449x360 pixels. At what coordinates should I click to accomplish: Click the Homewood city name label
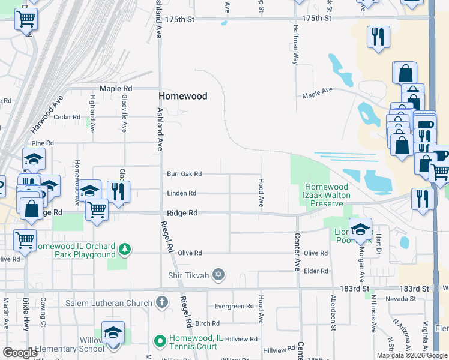(x=182, y=96)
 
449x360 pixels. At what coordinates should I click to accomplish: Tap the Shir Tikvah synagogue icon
(x=218, y=275)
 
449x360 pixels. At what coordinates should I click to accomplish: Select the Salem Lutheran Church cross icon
(x=161, y=302)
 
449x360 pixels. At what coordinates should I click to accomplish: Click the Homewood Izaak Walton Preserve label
(x=327, y=196)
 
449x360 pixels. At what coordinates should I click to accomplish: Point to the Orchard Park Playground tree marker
(x=124, y=249)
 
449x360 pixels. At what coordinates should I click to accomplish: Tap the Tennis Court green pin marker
(x=160, y=341)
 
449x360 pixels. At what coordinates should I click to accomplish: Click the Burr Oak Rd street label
(x=184, y=174)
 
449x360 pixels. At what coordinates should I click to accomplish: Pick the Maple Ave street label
(x=317, y=93)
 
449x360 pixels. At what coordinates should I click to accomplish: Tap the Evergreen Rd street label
(x=234, y=306)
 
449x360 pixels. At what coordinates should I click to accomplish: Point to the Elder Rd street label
(x=316, y=271)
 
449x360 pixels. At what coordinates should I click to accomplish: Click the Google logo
(x=20, y=352)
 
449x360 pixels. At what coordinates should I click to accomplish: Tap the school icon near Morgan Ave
(x=360, y=230)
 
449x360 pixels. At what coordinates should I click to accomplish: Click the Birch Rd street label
(x=207, y=323)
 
